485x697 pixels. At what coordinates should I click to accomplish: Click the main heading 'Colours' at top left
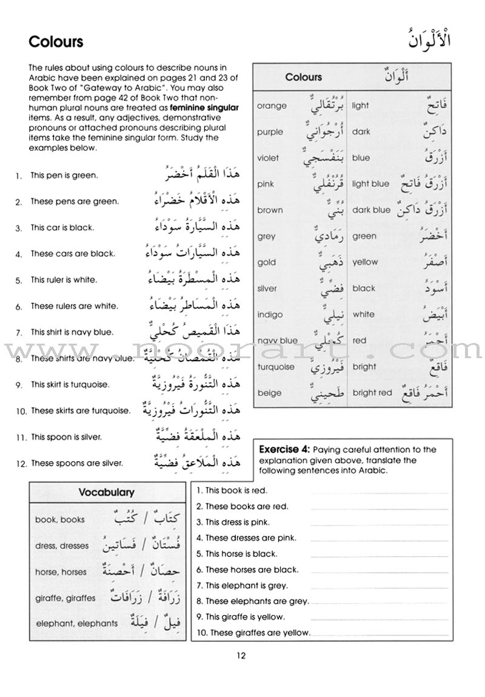tap(56, 42)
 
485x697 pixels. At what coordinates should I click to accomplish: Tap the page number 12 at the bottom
tap(242, 655)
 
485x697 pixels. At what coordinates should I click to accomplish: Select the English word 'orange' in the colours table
tap(272, 106)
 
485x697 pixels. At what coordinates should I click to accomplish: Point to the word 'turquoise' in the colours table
tap(276, 367)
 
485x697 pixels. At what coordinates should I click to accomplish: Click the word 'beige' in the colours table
tap(269, 393)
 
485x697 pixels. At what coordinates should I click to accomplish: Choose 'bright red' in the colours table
tap(372, 393)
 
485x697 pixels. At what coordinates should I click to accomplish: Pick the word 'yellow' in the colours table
tap(365, 262)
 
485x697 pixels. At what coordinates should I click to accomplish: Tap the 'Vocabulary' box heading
tap(106, 492)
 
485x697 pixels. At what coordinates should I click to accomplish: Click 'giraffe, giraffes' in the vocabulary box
tap(65, 598)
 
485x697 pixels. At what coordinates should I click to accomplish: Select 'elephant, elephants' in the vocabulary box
tap(76, 623)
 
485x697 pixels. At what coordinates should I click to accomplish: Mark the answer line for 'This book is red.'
tap(380, 492)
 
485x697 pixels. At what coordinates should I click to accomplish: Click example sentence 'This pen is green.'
tap(64, 176)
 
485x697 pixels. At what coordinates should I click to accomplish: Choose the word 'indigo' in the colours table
tap(270, 315)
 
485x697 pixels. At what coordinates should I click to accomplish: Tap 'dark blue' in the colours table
tap(371, 210)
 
